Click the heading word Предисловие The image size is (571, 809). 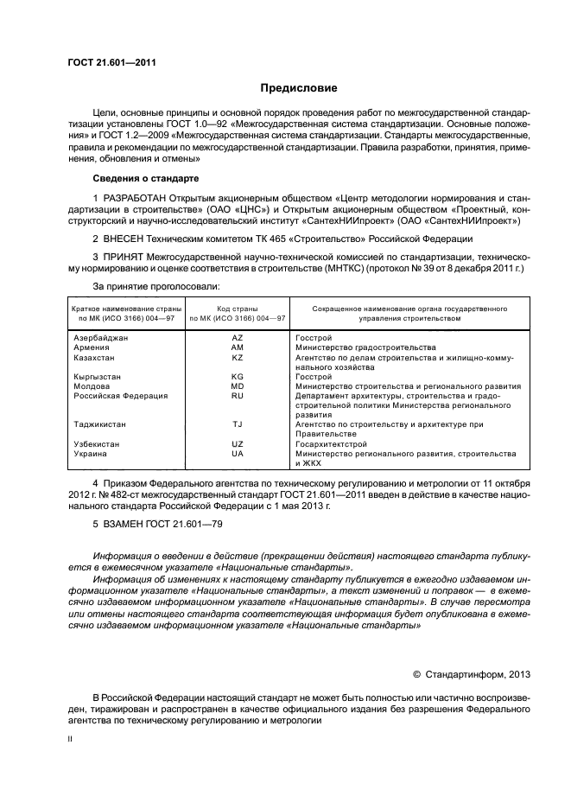[x=299, y=88]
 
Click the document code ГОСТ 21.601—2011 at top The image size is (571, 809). [x=111, y=61]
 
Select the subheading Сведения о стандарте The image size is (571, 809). [x=145, y=178]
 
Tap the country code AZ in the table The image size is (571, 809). [x=238, y=337]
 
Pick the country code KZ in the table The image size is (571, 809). [x=238, y=357]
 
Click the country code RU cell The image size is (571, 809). [x=238, y=396]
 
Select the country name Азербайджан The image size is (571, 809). [x=101, y=337]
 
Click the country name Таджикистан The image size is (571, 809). [x=100, y=425]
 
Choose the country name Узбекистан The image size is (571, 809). [x=97, y=444]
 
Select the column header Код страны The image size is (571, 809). [x=238, y=309]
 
